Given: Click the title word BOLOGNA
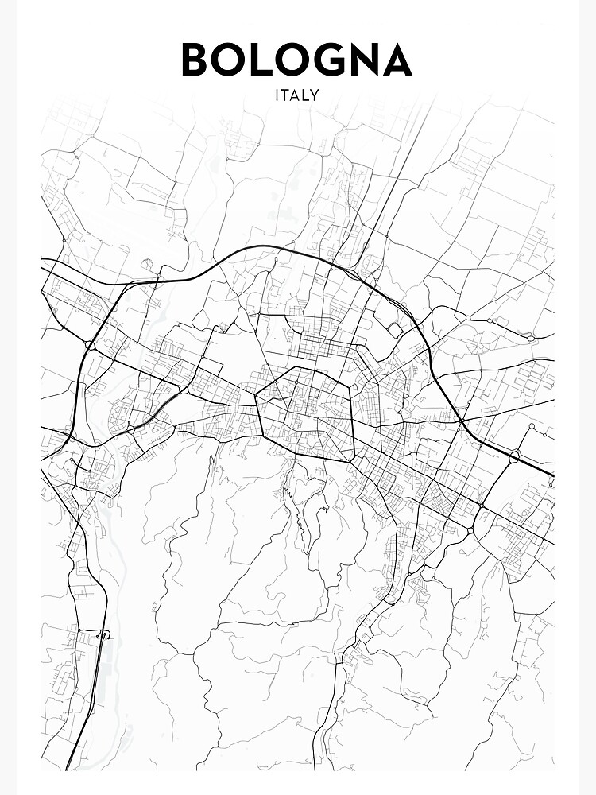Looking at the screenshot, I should coord(296,60).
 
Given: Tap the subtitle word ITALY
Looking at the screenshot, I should coord(296,95).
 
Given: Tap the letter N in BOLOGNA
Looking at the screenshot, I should coord(366,60).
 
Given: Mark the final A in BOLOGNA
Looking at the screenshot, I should coord(398,60).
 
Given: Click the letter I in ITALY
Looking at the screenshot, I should coord(277,95).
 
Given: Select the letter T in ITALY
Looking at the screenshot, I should coord(284,95).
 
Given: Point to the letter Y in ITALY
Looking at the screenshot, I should coord(315,95).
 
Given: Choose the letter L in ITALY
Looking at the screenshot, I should coord(306,95).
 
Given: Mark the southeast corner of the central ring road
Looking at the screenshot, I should coord(351,460).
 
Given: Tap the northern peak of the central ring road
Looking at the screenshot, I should coord(296,367).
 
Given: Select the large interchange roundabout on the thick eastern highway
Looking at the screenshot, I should coord(515,456).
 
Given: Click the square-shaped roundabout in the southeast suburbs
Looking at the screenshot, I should coord(471,530).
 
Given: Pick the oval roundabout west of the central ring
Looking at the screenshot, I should coord(184,390).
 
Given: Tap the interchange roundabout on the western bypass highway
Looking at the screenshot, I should coord(90,346).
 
